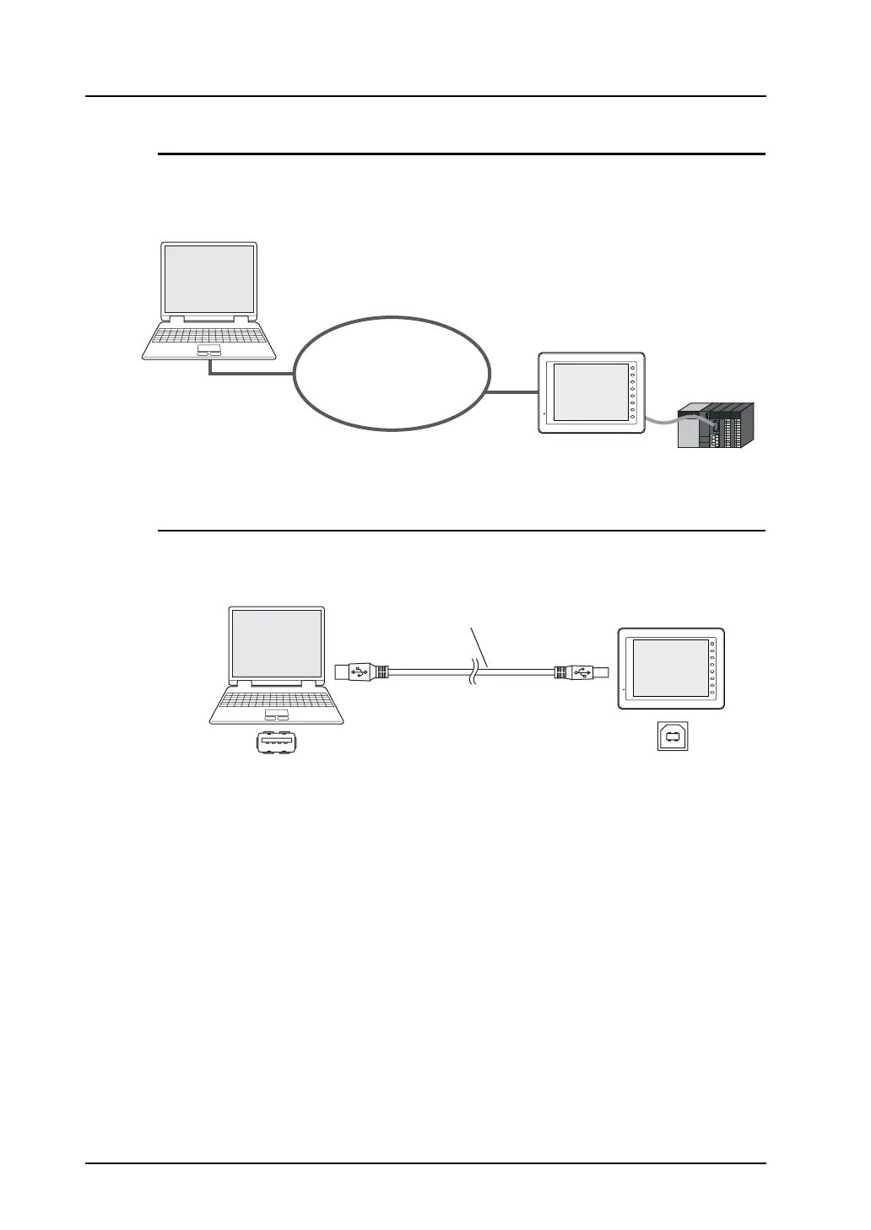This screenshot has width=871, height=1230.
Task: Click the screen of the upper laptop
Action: point(209,278)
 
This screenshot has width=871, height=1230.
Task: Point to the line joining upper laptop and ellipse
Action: point(253,373)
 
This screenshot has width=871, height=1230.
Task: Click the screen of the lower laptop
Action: point(277,643)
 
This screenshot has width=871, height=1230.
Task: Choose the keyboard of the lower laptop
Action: point(277,699)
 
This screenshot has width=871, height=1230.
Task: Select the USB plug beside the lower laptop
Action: point(361,672)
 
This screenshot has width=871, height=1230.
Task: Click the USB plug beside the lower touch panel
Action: point(581,672)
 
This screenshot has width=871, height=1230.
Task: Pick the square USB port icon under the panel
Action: point(673,736)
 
